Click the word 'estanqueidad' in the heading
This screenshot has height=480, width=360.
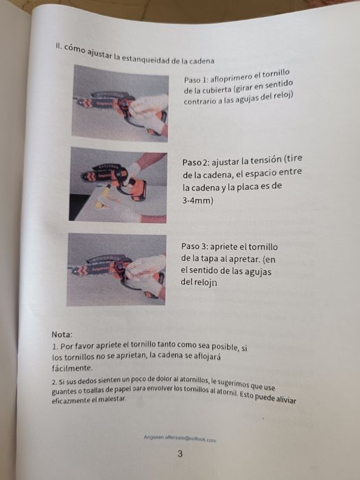pos(145,58)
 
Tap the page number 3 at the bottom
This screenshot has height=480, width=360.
pos(180,454)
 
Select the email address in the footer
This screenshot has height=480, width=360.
pos(180,438)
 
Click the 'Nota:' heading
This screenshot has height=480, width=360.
pos(62,335)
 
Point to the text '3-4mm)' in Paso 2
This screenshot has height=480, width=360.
pos(197,201)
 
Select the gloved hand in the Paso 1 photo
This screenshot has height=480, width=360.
pos(149,111)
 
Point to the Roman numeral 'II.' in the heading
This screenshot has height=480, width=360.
pos(58,45)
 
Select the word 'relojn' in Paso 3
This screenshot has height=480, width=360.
pos(206,282)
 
